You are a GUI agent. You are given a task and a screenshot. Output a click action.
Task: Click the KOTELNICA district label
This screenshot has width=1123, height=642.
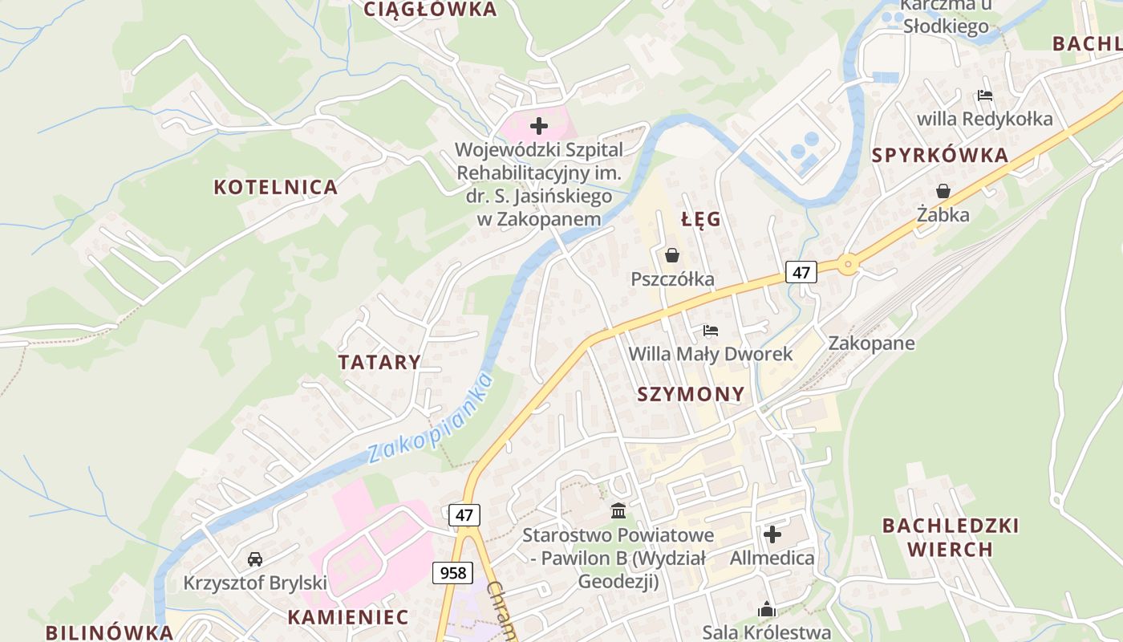[x=275, y=187]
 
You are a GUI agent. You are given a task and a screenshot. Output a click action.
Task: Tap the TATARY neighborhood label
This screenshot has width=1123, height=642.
[x=379, y=362]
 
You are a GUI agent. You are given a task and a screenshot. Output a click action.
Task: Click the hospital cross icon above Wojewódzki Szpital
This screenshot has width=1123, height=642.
[x=539, y=126]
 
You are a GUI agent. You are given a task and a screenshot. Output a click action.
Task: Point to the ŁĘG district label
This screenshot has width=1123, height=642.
[x=701, y=219]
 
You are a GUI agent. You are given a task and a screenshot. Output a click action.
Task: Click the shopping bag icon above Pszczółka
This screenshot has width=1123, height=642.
[x=671, y=255]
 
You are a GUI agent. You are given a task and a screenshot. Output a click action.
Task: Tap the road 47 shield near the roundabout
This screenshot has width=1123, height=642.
[x=801, y=272]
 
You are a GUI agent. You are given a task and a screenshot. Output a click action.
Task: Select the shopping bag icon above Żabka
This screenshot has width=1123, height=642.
[x=943, y=191]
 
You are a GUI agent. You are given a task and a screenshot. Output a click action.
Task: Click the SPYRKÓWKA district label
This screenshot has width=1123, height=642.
[x=939, y=156]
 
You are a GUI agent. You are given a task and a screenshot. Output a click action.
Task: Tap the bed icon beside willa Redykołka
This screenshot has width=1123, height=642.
[x=985, y=95]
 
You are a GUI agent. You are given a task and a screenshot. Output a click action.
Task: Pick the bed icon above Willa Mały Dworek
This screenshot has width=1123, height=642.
[x=710, y=330]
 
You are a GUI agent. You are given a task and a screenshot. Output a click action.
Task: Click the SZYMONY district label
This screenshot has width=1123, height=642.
[x=691, y=394]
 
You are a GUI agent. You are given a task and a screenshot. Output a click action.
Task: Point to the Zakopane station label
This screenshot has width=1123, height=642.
[x=871, y=343]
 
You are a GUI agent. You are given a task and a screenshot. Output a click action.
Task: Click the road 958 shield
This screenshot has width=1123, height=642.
[x=452, y=572]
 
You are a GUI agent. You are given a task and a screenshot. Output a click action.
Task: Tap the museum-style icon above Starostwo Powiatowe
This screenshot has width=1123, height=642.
[x=618, y=510]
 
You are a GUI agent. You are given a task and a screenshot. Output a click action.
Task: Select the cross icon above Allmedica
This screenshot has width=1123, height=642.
[x=772, y=534]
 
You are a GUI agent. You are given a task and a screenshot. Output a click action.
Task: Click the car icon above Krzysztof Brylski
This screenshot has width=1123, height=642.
[x=255, y=559]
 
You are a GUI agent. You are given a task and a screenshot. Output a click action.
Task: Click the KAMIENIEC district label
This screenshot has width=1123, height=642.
[x=347, y=617]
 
